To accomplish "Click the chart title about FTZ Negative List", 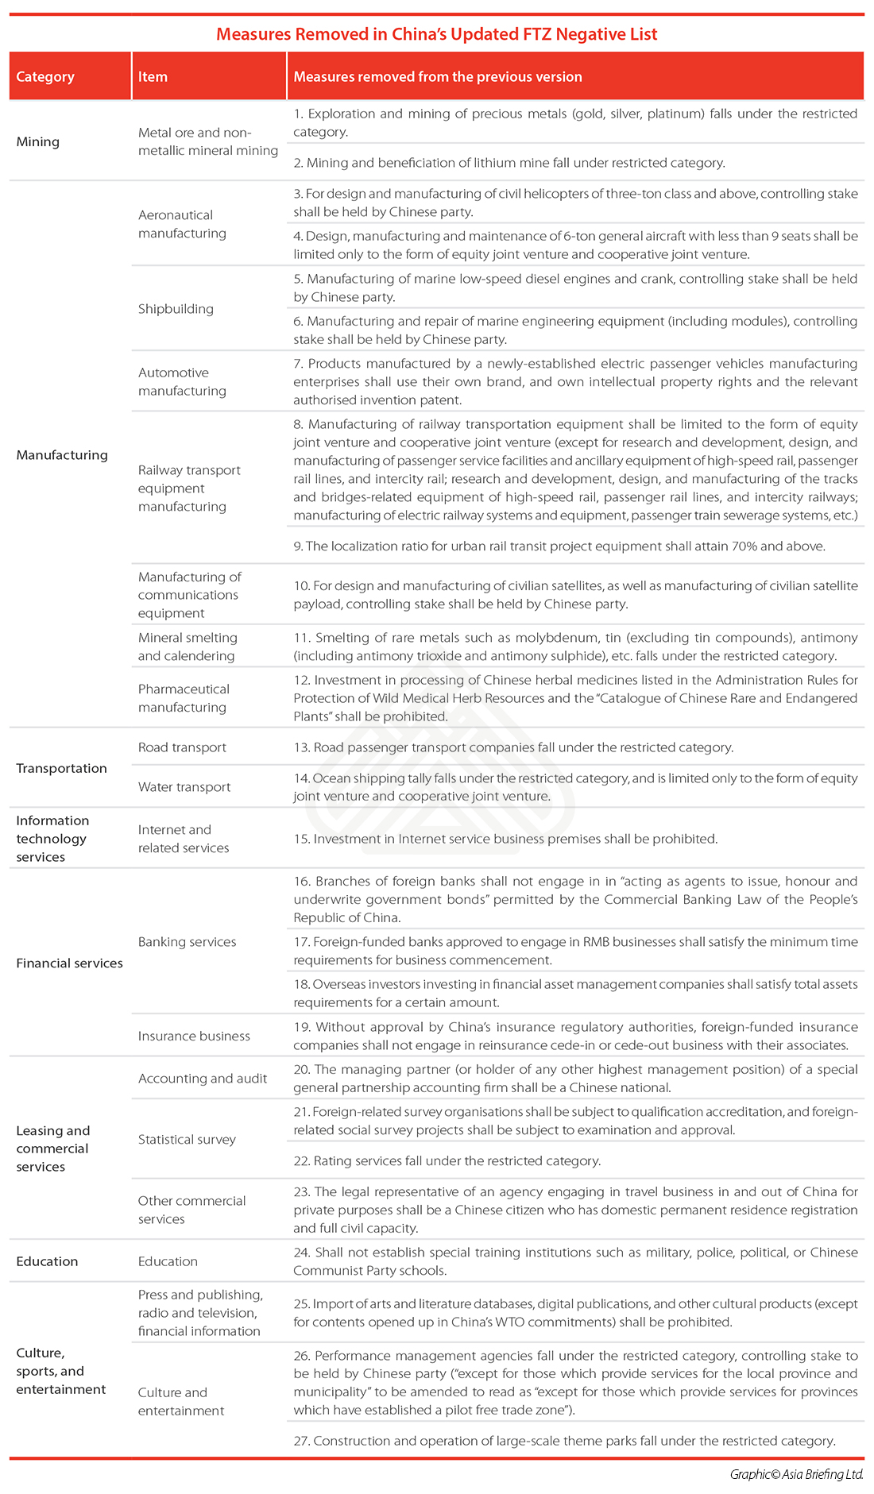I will [x=436, y=34].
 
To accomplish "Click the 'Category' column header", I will [x=45, y=77].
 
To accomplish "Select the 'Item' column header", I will [x=153, y=77].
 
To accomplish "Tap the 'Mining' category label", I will [x=38, y=141].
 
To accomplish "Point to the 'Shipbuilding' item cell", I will [x=176, y=309].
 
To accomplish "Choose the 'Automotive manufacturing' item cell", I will [x=182, y=382].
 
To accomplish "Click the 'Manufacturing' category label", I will [x=62, y=455].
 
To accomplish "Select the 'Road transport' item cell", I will [x=182, y=747].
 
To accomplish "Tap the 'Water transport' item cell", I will [x=184, y=787].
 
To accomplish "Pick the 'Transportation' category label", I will [x=61, y=768].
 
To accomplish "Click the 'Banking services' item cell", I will [x=187, y=942].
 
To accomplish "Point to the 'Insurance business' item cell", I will [x=194, y=1036].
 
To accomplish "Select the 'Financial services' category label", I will [x=70, y=963].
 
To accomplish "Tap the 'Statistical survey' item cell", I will [x=187, y=1140].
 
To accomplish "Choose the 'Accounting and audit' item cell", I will [x=203, y=1079].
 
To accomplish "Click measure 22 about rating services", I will [x=447, y=1161].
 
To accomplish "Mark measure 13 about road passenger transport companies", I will [x=513, y=747].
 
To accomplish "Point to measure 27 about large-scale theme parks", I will [x=564, y=1441].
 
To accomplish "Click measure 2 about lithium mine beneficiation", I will [x=509, y=163].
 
